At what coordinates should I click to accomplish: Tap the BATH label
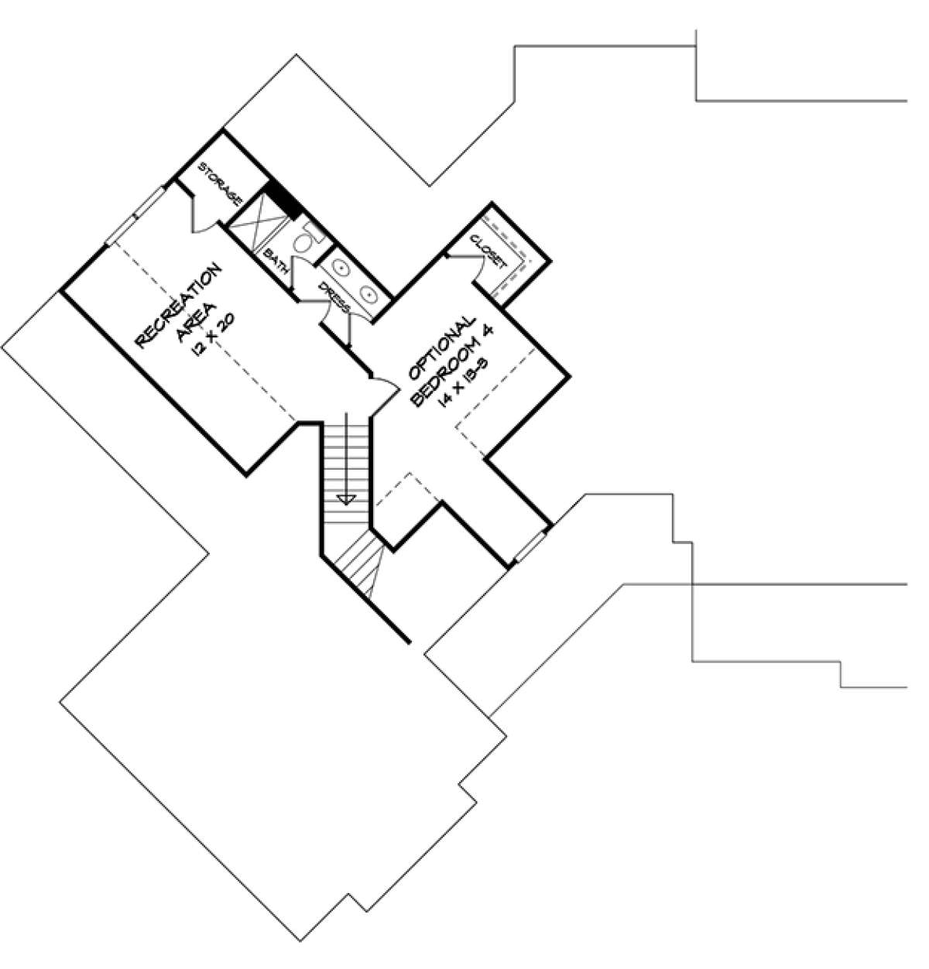click(276, 262)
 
